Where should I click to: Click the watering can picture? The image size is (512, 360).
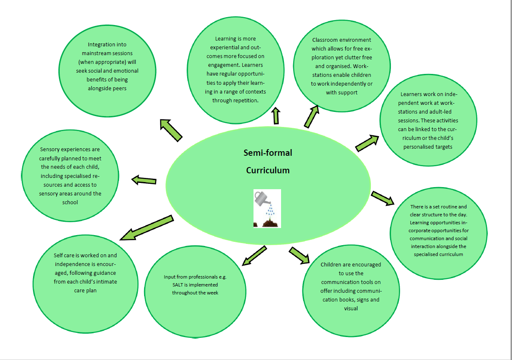click(x=267, y=208)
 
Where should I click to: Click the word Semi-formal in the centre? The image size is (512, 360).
click(x=268, y=153)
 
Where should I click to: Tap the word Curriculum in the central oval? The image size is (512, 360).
click(x=268, y=170)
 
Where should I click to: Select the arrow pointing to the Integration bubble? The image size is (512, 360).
click(x=171, y=130)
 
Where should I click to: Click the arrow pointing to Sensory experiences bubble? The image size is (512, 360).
click(x=144, y=180)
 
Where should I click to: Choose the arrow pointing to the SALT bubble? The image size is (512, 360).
click(x=254, y=255)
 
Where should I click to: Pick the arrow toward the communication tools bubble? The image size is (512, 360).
click(x=299, y=255)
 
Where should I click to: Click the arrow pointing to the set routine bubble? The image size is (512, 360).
click(x=383, y=198)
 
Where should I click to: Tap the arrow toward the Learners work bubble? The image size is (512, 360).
click(x=367, y=142)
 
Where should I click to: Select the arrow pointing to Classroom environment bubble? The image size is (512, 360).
click(x=311, y=116)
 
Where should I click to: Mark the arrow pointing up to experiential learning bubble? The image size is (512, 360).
click(x=276, y=116)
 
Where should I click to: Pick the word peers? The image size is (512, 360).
click(x=119, y=88)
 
